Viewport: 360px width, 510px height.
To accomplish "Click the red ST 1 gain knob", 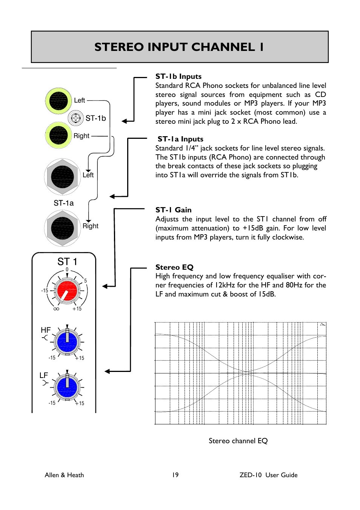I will tap(67, 290).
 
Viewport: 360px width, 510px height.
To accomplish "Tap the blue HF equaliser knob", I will tap(67, 342).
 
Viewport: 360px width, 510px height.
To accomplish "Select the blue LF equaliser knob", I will tap(67, 387).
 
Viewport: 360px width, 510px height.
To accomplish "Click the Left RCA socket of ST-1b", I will tap(58, 101).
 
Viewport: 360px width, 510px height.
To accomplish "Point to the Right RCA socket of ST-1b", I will tap(58, 135).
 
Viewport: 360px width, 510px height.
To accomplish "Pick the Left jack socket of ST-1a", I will tap(63, 177).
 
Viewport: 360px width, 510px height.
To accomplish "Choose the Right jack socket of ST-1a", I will tap(63, 228).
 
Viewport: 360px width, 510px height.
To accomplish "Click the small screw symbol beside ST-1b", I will tap(76, 118).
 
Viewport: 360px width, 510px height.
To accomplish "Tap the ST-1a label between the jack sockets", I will tap(63, 203).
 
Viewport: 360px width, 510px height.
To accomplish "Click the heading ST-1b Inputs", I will tap(178, 77).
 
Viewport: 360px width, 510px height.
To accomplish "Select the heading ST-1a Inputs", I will tap(180, 139).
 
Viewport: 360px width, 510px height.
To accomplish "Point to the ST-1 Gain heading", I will tap(174, 210).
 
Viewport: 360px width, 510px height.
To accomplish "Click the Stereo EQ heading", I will tap(174, 267).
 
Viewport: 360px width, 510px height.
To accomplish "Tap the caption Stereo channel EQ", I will tap(238, 441).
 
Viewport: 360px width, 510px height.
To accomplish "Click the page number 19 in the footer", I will tap(175, 475).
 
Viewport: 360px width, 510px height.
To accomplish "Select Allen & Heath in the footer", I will tap(64, 475).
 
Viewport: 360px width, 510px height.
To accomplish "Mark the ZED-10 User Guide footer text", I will tap(268, 475).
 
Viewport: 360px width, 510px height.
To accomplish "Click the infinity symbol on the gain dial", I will tap(56, 309).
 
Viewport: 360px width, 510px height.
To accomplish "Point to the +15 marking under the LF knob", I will tap(80, 403).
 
